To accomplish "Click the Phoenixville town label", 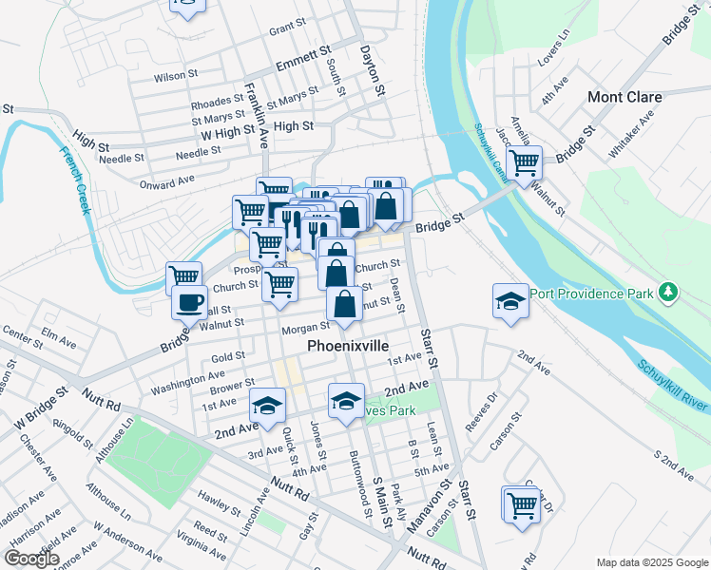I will coord(349,349).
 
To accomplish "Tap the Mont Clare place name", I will coord(625,97).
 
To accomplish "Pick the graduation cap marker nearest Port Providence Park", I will coord(510,302).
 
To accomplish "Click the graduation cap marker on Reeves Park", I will coord(347,401).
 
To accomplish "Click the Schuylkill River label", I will coord(673,385).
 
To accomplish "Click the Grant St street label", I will coord(285,30).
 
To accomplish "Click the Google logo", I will coord(32,559).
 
